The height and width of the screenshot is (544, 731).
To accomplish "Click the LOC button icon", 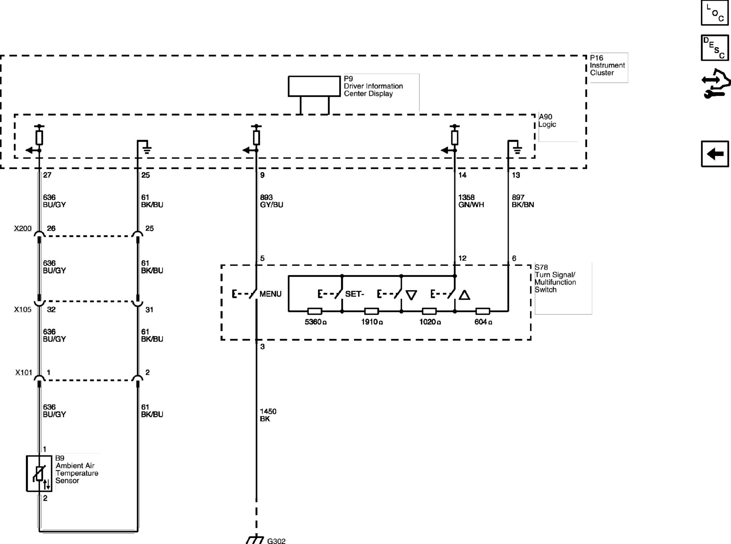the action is pyautogui.click(x=715, y=13).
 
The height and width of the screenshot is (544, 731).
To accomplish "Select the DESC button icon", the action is pyautogui.click(x=715, y=48).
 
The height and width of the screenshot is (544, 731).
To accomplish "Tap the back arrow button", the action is pyautogui.click(x=715, y=154).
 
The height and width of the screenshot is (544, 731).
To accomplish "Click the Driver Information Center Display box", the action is pyautogui.click(x=314, y=86).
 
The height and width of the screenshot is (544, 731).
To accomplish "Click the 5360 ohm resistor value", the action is pyautogui.click(x=315, y=322).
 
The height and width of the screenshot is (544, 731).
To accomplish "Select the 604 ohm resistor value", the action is pyautogui.click(x=483, y=322).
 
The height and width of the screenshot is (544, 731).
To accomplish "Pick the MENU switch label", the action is pyautogui.click(x=270, y=294).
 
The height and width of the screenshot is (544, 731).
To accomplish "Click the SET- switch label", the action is pyautogui.click(x=355, y=294).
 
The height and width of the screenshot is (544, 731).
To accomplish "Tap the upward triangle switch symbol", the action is pyautogui.click(x=464, y=295).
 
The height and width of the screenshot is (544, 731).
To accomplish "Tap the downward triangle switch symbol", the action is pyautogui.click(x=411, y=295).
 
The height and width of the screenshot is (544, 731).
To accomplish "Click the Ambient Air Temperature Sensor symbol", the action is pyautogui.click(x=39, y=474).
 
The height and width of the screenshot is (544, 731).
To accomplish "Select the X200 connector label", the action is pyautogui.click(x=23, y=228).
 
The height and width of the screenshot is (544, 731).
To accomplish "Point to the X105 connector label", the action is pyautogui.click(x=23, y=309).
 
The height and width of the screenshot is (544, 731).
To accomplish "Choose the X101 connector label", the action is pyautogui.click(x=24, y=372).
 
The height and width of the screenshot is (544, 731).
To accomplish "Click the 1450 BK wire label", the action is pyautogui.click(x=268, y=415).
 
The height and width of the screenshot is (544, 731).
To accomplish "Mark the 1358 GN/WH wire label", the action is pyautogui.click(x=471, y=201).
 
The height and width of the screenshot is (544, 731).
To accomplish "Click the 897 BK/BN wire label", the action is pyautogui.click(x=523, y=201).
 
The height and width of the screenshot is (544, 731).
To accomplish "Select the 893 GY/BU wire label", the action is pyautogui.click(x=271, y=201).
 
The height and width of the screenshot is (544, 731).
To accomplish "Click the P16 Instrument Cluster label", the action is pyautogui.click(x=607, y=65).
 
